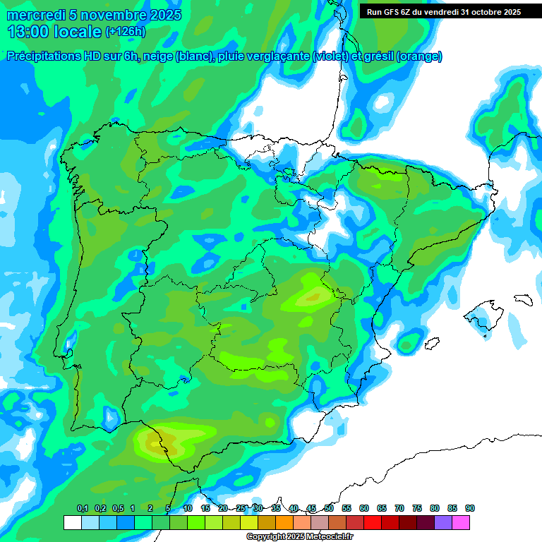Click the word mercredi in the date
pyautogui.click(x=36, y=15)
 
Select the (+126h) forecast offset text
pyautogui.click(x=125, y=32)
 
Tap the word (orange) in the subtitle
pyautogui.click(x=419, y=56)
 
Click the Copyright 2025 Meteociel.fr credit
pyautogui.click(x=299, y=537)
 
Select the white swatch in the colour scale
pyautogui.click(x=72, y=523)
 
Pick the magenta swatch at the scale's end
pyautogui.click(x=461, y=523)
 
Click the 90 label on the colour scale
pyautogui.click(x=470, y=508)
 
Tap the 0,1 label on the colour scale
pyautogui.click(x=83, y=508)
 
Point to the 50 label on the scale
pyautogui.click(x=329, y=508)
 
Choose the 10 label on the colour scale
pyautogui.click(x=188, y=508)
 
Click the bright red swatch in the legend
pyautogui.click(x=373, y=523)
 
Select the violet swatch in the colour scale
pyautogui.click(x=443, y=523)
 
